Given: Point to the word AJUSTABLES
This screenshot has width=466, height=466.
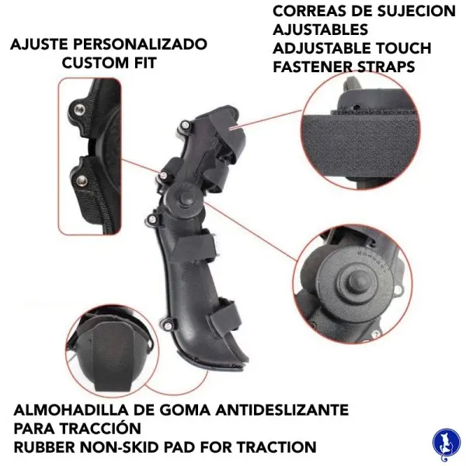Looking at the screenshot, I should [320, 30].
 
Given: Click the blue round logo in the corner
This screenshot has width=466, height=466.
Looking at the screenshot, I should [447, 443].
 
